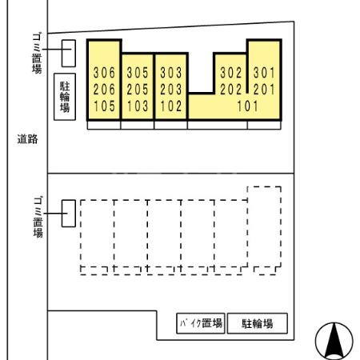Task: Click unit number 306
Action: click(104, 73)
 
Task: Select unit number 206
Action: click(104, 89)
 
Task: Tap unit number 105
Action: click(104, 105)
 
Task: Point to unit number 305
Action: click(138, 73)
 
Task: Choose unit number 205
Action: click(138, 89)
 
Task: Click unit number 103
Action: click(138, 105)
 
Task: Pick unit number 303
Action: click(170, 73)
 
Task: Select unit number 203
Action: click(170, 89)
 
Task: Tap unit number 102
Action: click(170, 105)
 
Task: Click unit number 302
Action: click(230, 73)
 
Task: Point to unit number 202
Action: click(230, 89)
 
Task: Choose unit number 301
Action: click(264, 73)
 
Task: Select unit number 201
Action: click(264, 89)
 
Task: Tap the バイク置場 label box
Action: click(200, 323)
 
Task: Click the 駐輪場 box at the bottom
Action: click(257, 323)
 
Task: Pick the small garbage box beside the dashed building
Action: click(69, 213)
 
